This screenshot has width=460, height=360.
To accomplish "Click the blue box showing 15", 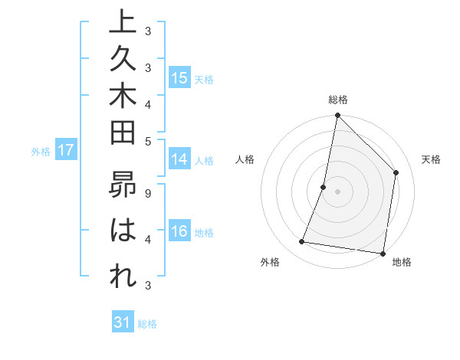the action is point(179,78).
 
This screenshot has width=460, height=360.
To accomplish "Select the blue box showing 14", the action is point(179,159).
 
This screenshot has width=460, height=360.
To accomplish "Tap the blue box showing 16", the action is point(179,231).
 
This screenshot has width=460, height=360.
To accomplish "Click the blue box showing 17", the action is point(66,150).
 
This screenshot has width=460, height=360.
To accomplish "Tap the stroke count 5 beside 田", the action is point(147,140).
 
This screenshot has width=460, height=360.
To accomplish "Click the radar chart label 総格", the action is point(337,100).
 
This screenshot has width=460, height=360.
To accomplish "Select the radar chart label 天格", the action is point(431,159).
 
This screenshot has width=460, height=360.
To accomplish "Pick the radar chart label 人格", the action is point(245,159).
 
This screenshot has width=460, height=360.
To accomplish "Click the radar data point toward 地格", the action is point(383,253).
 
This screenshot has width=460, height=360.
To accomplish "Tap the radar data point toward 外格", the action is point(302,242).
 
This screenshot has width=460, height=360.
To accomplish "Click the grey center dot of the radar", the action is point(337,191).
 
